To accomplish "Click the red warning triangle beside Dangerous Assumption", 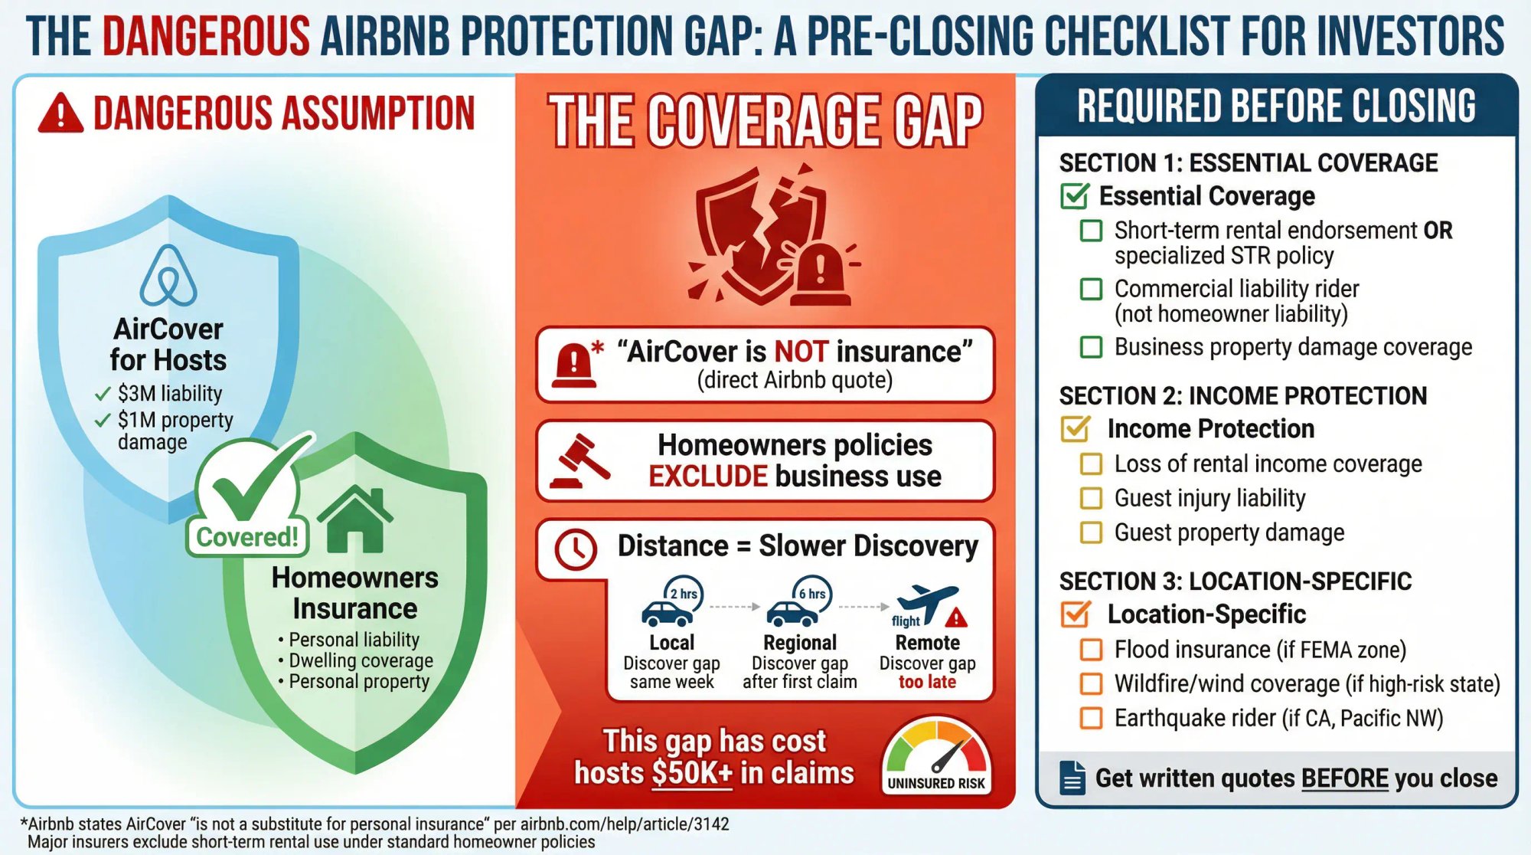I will [x=60, y=113].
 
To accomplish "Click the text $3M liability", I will [x=169, y=393].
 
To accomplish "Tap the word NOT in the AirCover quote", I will [x=801, y=352].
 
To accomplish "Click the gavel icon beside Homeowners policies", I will [x=579, y=461].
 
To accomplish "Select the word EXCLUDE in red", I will [x=707, y=477].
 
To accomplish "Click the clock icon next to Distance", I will [x=575, y=549].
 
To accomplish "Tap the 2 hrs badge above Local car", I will [x=683, y=594].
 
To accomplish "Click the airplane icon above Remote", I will [x=928, y=601].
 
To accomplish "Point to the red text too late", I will [x=927, y=682].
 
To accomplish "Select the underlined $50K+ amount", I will [x=692, y=773].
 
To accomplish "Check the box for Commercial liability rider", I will [x=1091, y=290].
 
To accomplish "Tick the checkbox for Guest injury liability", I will [x=1091, y=499].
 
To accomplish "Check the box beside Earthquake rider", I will [x=1091, y=719].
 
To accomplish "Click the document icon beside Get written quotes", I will [x=1072, y=778].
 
